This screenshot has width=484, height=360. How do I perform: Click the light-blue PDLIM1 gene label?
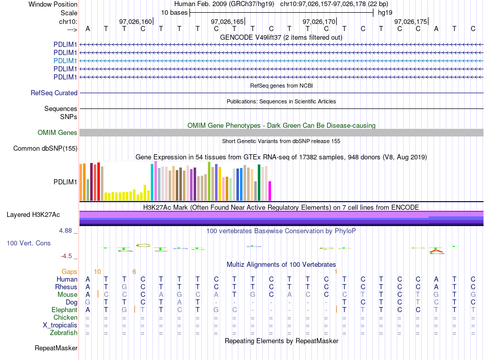click(65, 61)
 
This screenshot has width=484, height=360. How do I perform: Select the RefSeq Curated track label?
click(54, 93)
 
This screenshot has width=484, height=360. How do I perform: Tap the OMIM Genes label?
click(58, 133)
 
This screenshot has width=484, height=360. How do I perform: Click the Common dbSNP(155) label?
click(45, 148)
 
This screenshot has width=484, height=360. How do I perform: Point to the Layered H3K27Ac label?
click(33, 215)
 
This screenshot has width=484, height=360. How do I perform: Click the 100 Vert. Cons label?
click(29, 243)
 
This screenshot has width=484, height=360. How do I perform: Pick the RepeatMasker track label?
click(56, 348)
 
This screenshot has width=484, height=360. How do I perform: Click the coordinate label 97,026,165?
click(227, 21)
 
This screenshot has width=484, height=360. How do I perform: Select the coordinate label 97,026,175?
click(411, 21)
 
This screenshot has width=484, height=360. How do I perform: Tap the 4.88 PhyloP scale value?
click(65, 231)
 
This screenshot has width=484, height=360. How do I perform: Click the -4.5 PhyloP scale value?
click(66, 256)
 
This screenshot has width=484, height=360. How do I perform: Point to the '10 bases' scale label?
click(174, 13)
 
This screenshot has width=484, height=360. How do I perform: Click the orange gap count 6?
click(134, 272)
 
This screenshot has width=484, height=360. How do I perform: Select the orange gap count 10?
click(97, 272)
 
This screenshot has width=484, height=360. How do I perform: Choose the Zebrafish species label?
click(64, 333)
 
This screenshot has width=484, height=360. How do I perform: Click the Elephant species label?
click(64, 310)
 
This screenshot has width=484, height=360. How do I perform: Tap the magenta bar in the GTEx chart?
click(270, 191)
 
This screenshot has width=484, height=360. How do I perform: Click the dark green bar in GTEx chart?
click(259, 183)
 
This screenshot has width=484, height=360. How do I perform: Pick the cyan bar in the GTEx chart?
click(152, 182)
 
